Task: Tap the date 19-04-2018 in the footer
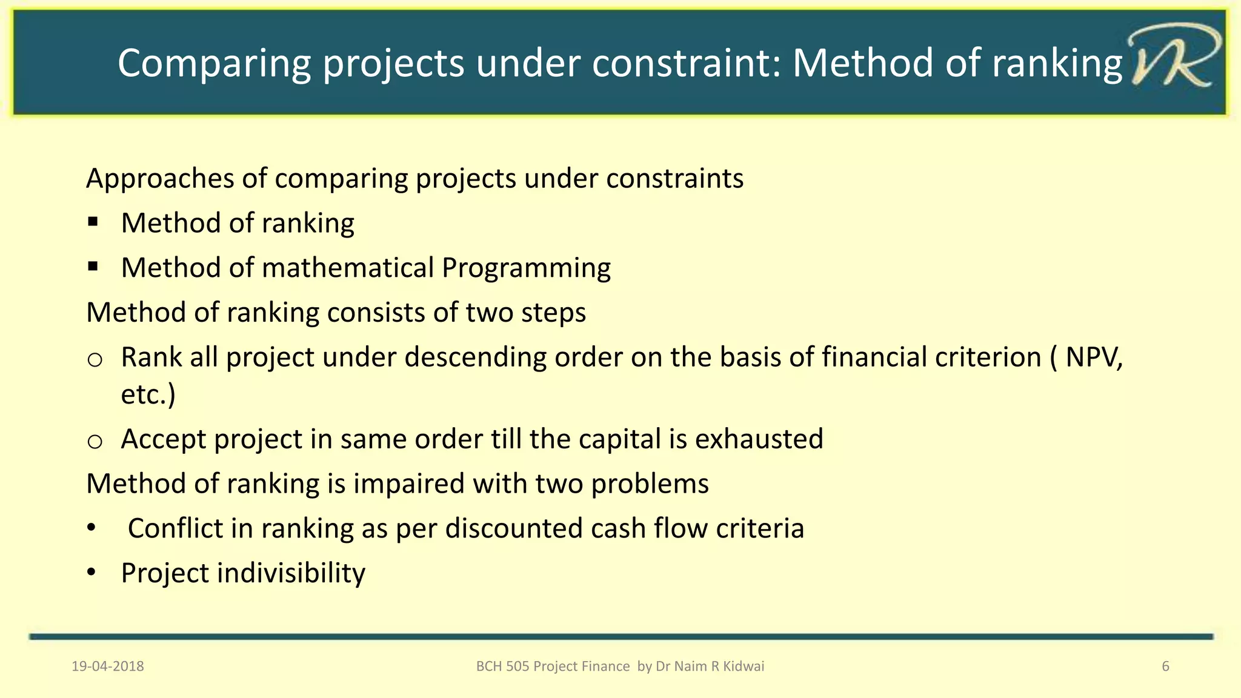[108, 666]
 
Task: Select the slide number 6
[1165, 666]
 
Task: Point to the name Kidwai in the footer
[744, 666]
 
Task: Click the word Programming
[526, 268]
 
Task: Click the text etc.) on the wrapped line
[148, 394]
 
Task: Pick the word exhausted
[759, 439]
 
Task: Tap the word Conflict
[175, 528]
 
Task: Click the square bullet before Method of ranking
[93, 222]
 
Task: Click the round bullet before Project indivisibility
[91, 572]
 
